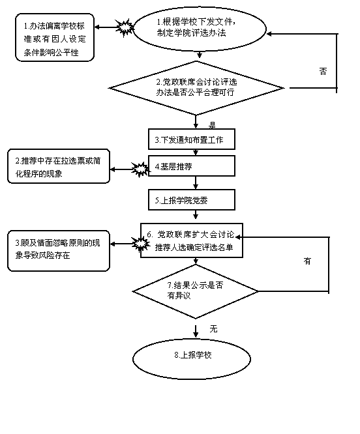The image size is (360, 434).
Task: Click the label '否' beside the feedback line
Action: (323, 72)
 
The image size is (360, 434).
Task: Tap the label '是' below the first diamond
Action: (212, 125)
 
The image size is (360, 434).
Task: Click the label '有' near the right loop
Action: (307, 261)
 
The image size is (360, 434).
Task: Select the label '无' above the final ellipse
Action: (213, 329)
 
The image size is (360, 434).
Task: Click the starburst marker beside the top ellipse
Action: (125, 27)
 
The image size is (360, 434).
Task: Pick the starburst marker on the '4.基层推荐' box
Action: (141, 169)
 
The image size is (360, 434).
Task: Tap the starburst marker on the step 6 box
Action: (142, 244)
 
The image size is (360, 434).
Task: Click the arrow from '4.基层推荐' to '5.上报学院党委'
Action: (196, 182)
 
